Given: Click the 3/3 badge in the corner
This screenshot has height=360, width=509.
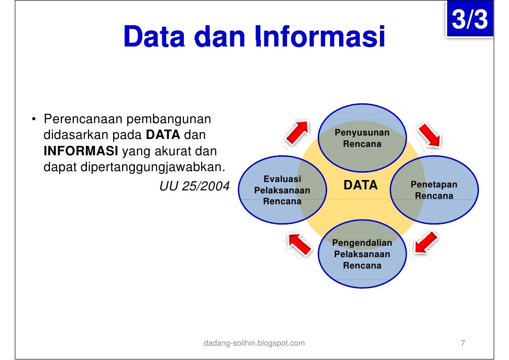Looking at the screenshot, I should (469, 21).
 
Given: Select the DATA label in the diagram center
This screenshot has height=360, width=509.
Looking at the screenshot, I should (360, 185).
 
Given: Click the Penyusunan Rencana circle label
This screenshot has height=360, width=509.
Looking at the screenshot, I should (362, 138).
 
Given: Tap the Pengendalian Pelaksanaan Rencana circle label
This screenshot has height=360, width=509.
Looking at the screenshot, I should (362, 254).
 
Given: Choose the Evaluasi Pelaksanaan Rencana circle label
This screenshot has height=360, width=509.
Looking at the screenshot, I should (282, 190).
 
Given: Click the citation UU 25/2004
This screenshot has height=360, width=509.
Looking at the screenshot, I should (194, 186).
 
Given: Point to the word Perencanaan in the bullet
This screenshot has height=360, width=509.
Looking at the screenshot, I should (83, 119).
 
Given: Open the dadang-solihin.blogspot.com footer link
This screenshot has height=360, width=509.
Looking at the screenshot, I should (254, 343).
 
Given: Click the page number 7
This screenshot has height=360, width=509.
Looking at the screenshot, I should (463, 343).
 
